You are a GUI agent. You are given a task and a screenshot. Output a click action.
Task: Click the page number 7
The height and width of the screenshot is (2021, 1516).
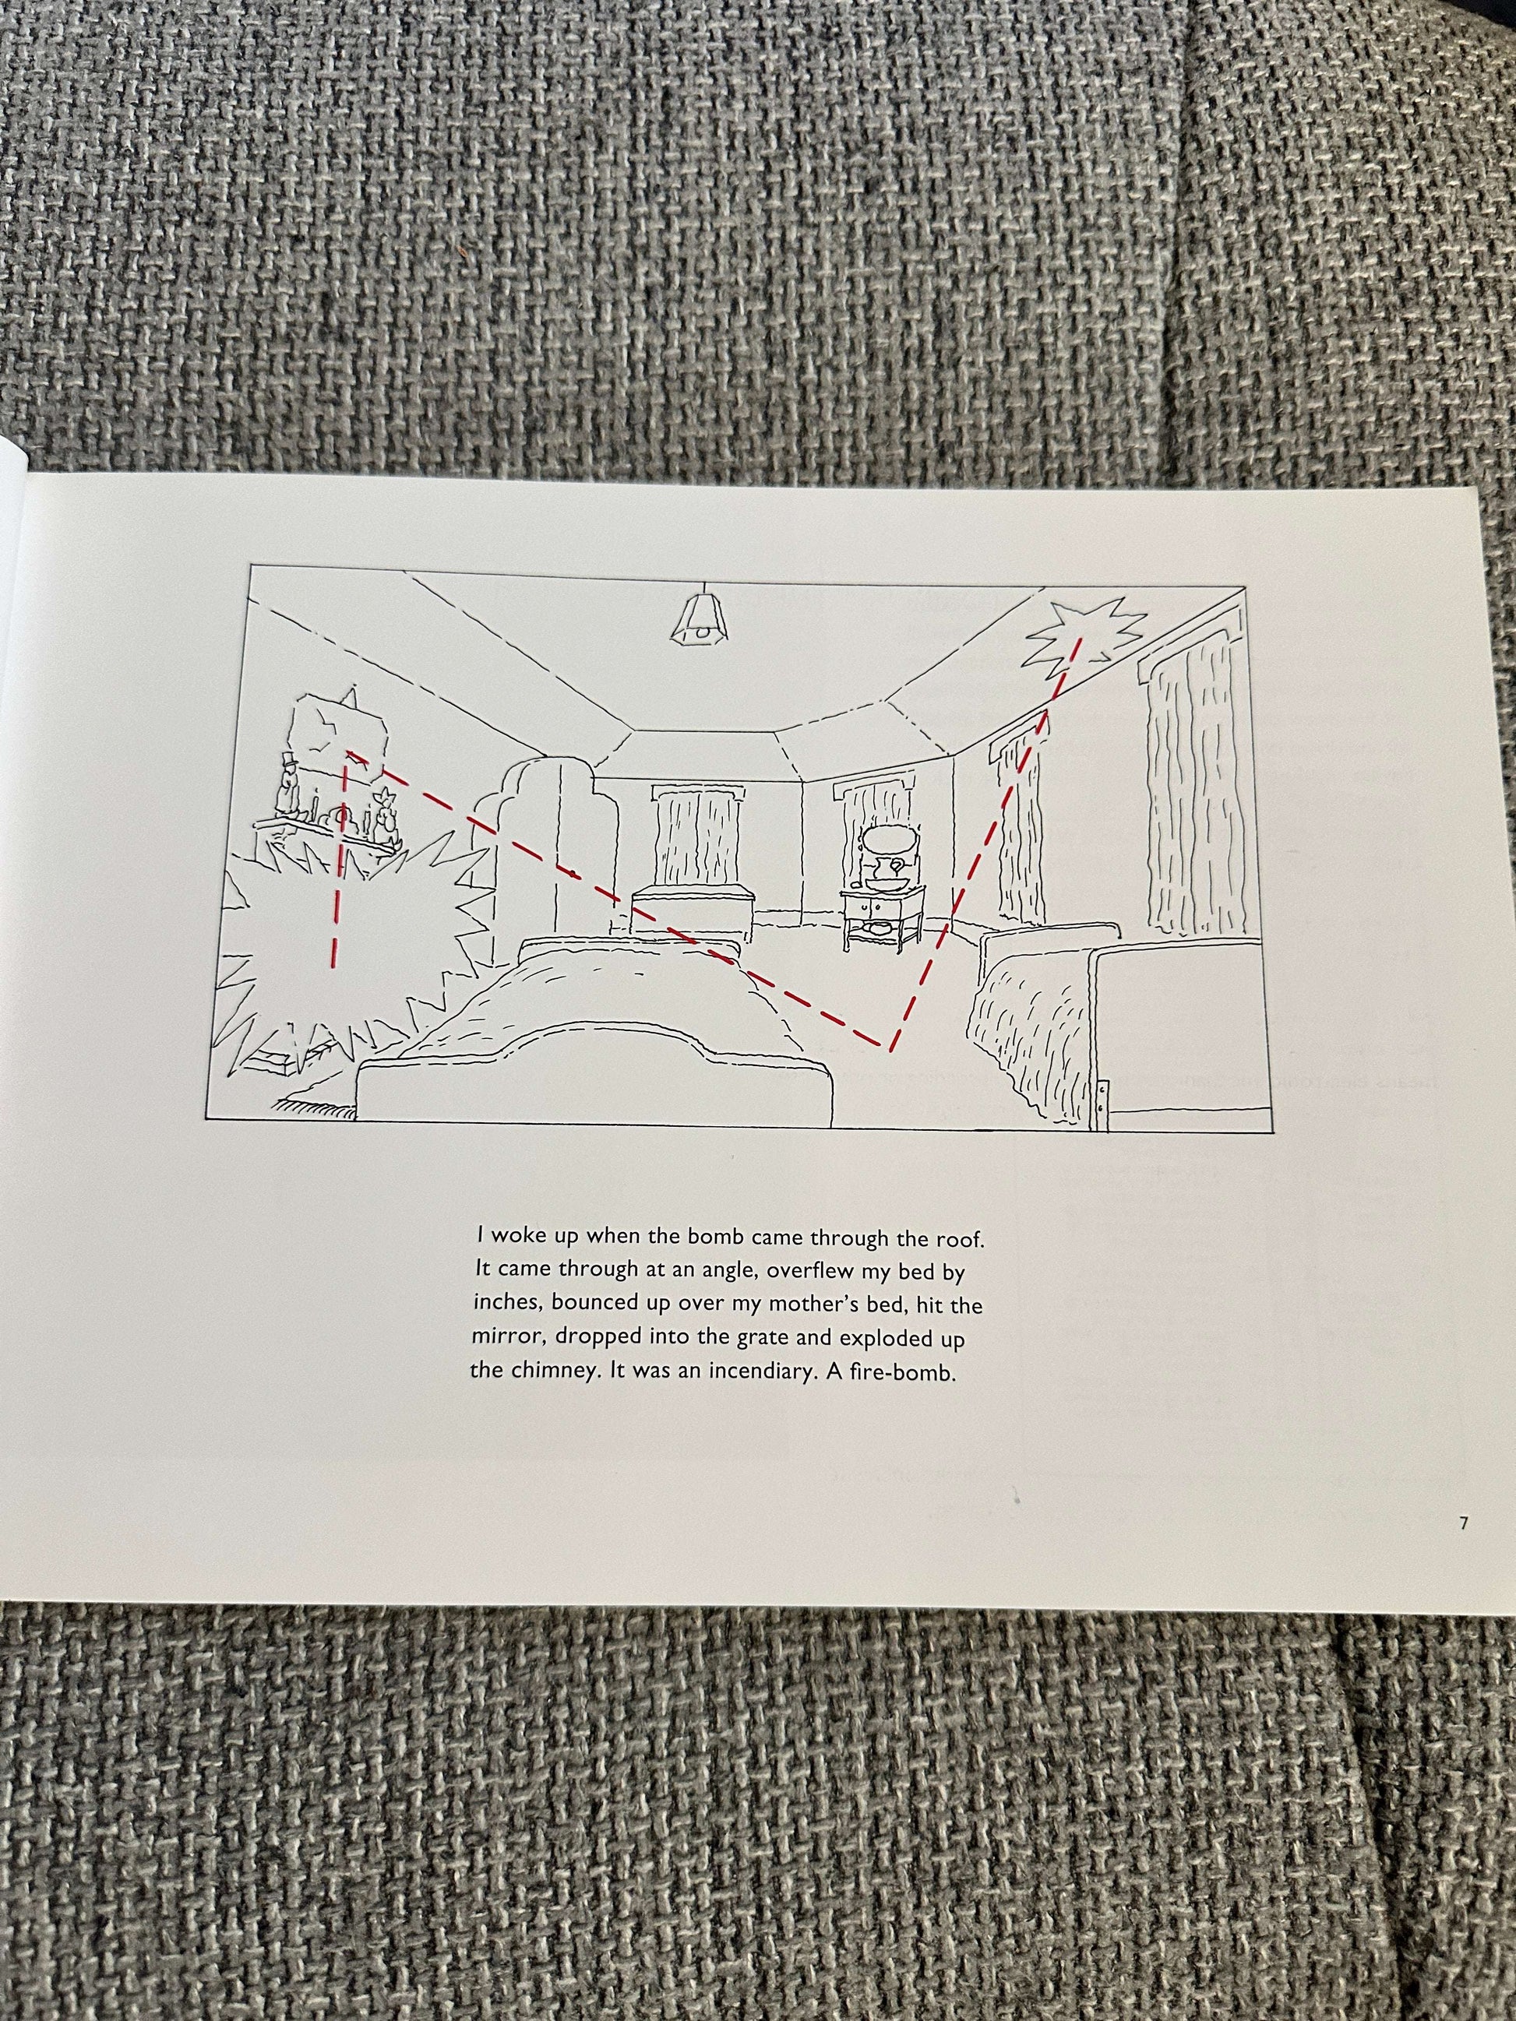click(x=1463, y=1523)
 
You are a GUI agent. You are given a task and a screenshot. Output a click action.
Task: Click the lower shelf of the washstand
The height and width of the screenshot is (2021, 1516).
click(x=881, y=927)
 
